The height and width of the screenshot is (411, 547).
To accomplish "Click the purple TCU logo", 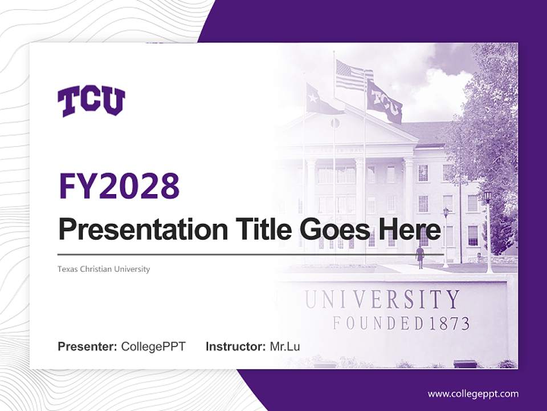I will [x=91, y=102].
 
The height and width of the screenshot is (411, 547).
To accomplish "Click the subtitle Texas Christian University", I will [x=104, y=269].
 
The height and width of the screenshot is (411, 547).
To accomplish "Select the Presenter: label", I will [x=88, y=346].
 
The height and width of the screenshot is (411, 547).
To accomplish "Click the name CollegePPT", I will [x=153, y=346].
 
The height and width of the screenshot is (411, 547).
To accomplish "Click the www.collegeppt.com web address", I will [x=473, y=393].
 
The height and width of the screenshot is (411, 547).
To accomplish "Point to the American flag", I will [x=353, y=76].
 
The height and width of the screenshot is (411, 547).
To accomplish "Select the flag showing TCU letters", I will [x=385, y=103].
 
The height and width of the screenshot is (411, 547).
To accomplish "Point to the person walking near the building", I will [x=420, y=256].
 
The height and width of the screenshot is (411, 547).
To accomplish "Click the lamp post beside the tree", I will [x=488, y=228].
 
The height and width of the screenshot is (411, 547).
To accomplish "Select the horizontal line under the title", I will [x=251, y=254].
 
